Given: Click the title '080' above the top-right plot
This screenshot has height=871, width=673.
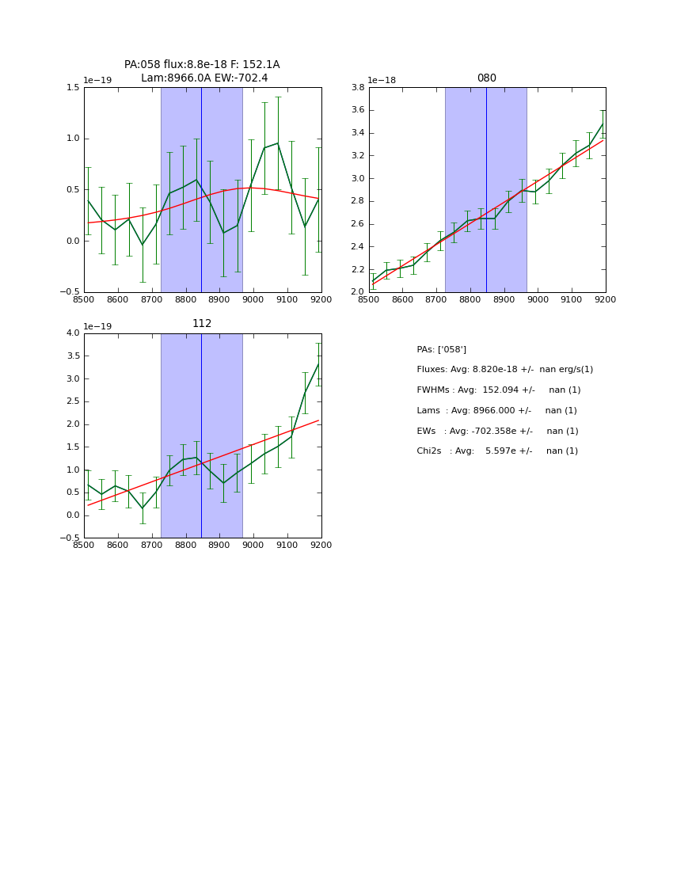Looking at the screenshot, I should coord(486,78).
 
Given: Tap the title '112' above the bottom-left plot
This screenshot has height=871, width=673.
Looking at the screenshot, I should coord(202,324).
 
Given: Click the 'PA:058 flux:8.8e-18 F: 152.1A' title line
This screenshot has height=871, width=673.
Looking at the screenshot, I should coord(202,65).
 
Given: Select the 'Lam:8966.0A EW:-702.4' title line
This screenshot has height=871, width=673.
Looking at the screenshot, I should coord(204,78).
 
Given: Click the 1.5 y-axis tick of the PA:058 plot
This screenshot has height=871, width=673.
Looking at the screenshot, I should coord(72,88).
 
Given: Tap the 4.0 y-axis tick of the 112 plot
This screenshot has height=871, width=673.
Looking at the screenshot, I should coord(72,333).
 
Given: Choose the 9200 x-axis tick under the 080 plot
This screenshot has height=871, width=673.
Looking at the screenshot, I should coord(606,299).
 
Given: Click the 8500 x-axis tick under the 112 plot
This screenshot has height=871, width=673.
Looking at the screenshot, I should coord(84,545).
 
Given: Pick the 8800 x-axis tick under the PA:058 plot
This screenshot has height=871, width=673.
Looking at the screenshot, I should coord(185,299).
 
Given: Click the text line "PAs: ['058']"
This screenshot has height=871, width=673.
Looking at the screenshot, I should coord(441,349).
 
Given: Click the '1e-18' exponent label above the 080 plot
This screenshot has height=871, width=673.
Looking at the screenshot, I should coord(382,81).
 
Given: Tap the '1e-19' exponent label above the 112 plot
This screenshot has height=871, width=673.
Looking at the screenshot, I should coord(97,326).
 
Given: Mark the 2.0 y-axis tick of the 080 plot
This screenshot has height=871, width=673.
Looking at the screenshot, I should coord(357,292).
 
